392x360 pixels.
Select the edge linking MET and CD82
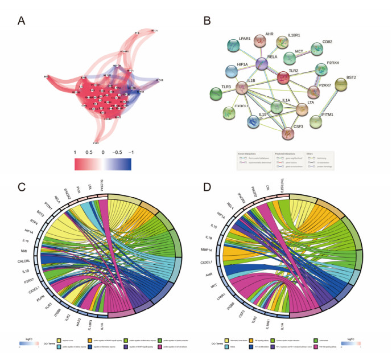(x=304, y=54)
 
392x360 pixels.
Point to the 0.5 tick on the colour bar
(x=89, y=153)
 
